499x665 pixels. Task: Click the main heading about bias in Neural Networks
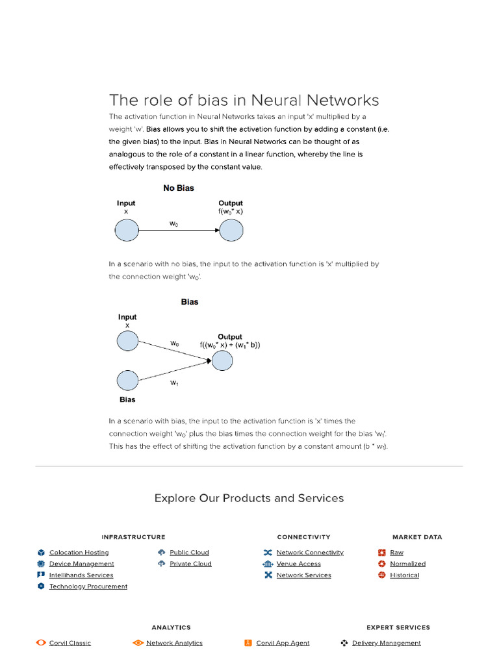click(244, 101)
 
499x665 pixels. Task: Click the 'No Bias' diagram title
click(178, 188)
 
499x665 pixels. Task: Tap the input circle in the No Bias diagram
click(127, 230)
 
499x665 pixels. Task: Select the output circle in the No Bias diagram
click(231, 230)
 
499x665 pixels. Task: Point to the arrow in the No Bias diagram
click(179, 230)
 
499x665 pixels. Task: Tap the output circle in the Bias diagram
click(222, 360)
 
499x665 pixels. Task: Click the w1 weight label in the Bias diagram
click(174, 383)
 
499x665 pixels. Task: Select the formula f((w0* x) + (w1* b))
click(230, 345)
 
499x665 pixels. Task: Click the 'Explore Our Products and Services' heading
click(249, 498)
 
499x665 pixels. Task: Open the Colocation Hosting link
click(79, 553)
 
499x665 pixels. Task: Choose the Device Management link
click(81, 564)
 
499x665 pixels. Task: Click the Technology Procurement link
click(88, 586)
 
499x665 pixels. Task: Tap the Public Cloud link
click(189, 553)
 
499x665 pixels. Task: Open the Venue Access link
click(298, 564)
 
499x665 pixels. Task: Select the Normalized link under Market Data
click(407, 564)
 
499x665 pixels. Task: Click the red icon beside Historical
click(382, 575)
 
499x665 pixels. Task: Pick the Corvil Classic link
click(70, 643)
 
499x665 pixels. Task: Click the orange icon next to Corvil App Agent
click(248, 643)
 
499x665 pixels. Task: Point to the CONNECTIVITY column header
click(303, 537)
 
